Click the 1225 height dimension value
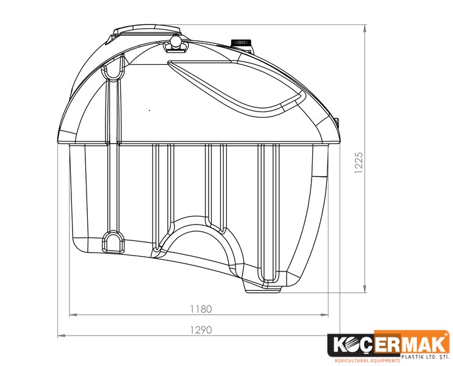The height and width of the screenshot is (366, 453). [x=358, y=162]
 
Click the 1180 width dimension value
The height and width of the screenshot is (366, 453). [x=201, y=309]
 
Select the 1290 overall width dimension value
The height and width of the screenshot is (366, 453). [x=201, y=330]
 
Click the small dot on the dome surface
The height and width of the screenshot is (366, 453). [x=149, y=110]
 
